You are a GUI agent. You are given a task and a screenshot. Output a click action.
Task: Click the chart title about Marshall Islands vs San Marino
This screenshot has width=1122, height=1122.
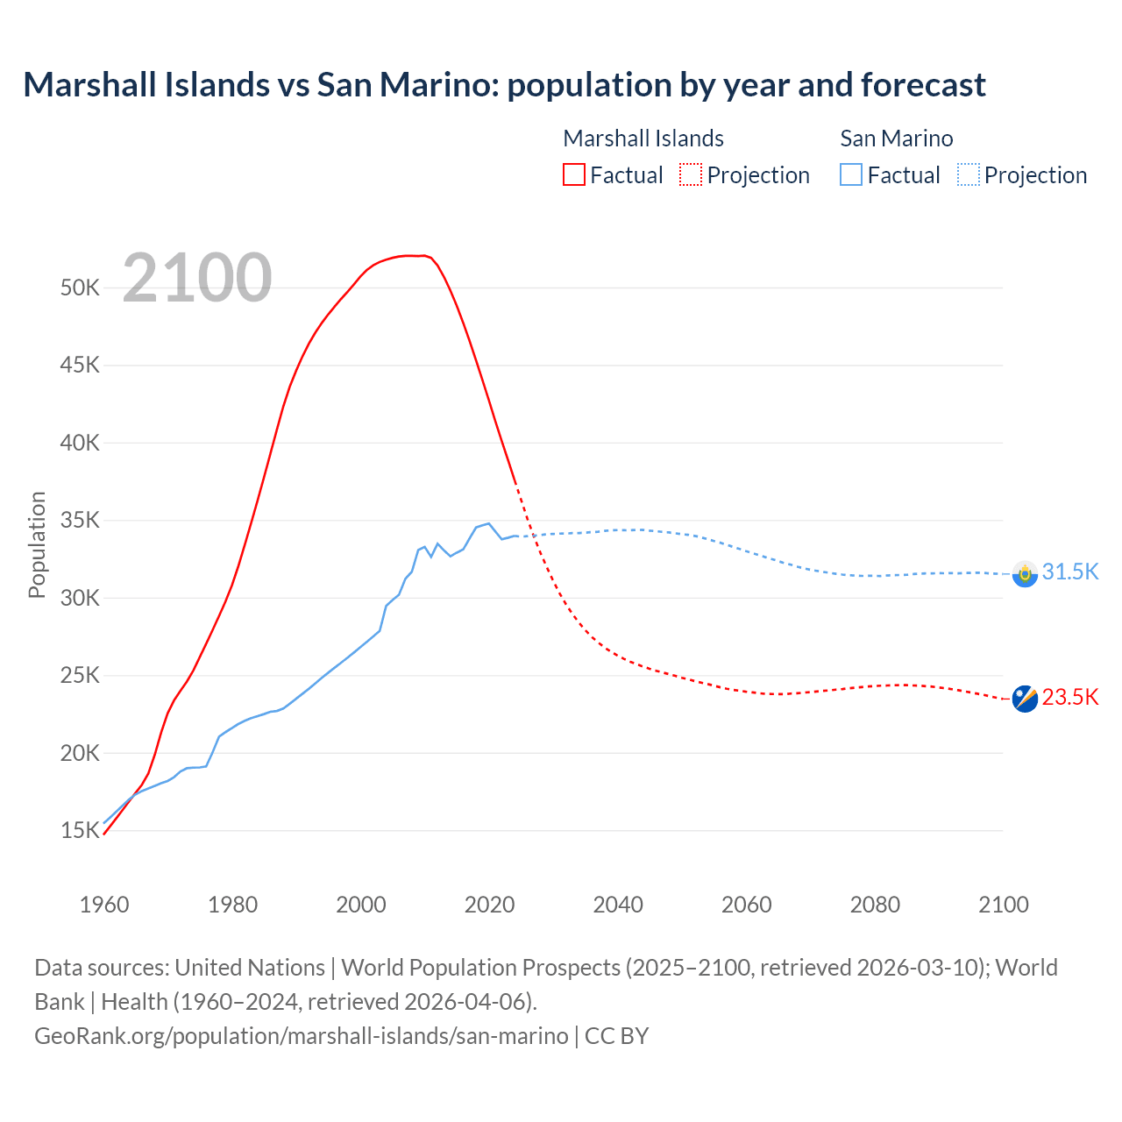[x=504, y=85]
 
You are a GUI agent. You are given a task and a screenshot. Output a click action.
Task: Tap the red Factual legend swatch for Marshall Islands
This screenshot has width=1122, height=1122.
[x=573, y=174]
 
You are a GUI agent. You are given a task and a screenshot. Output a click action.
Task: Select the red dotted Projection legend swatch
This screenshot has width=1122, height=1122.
[x=690, y=174]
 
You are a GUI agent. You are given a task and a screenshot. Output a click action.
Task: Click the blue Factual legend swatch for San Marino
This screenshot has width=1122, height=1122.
[x=850, y=174]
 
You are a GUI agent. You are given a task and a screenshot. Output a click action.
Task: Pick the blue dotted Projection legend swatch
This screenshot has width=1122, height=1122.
[x=968, y=174]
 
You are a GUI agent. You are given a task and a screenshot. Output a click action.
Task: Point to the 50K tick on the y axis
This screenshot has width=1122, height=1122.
[x=80, y=288]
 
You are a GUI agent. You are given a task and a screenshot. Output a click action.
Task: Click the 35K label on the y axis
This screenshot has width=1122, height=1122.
[x=80, y=521]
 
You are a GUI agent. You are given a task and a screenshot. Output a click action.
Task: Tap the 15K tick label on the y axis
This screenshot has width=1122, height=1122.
[x=80, y=831]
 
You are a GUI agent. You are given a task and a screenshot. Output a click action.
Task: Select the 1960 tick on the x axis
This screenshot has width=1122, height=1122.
[x=104, y=905]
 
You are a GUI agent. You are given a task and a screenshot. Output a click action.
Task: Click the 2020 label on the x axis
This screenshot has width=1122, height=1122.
[x=489, y=905]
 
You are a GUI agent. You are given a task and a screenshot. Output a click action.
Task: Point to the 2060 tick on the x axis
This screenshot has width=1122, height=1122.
[x=746, y=905]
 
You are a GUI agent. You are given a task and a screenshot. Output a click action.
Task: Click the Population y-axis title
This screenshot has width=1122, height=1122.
[x=37, y=544]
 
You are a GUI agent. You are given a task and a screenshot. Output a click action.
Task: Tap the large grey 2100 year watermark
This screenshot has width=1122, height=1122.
[x=197, y=278]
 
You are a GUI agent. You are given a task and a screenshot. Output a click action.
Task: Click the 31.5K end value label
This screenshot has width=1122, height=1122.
[x=1069, y=572]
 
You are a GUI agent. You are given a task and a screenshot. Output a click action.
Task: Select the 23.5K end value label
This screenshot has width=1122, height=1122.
[x=1069, y=698]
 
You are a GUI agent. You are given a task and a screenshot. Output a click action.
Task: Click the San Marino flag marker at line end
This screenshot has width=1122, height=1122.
[x=1024, y=573]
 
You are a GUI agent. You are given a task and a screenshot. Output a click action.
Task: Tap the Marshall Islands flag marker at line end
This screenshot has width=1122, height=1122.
[x=1024, y=699]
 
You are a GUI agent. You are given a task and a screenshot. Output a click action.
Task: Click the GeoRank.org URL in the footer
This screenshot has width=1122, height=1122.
[x=301, y=1036]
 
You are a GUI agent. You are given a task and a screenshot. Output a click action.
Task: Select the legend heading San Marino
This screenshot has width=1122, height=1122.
[x=896, y=138]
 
